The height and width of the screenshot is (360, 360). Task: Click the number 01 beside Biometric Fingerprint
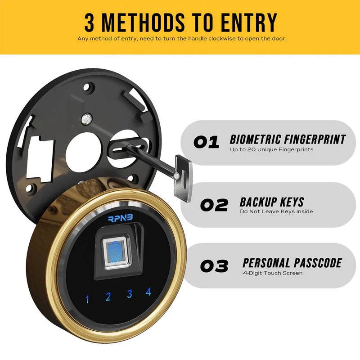pyautogui.click(x=207, y=142)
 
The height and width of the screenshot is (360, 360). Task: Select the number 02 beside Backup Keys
pyautogui.click(x=214, y=205)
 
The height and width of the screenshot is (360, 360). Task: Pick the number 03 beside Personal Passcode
pyautogui.click(x=214, y=266)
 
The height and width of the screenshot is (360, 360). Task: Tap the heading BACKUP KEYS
pyautogui.click(x=272, y=202)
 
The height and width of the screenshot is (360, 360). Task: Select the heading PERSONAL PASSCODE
pyautogui.click(x=292, y=263)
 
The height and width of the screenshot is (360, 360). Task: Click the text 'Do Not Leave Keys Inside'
pyautogui.click(x=276, y=211)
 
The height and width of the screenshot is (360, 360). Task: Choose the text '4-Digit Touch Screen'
pyautogui.click(x=273, y=273)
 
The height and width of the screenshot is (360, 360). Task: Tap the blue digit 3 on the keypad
pyautogui.click(x=129, y=294)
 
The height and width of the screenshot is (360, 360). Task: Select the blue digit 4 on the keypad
pyautogui.click(x=148, y=292)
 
